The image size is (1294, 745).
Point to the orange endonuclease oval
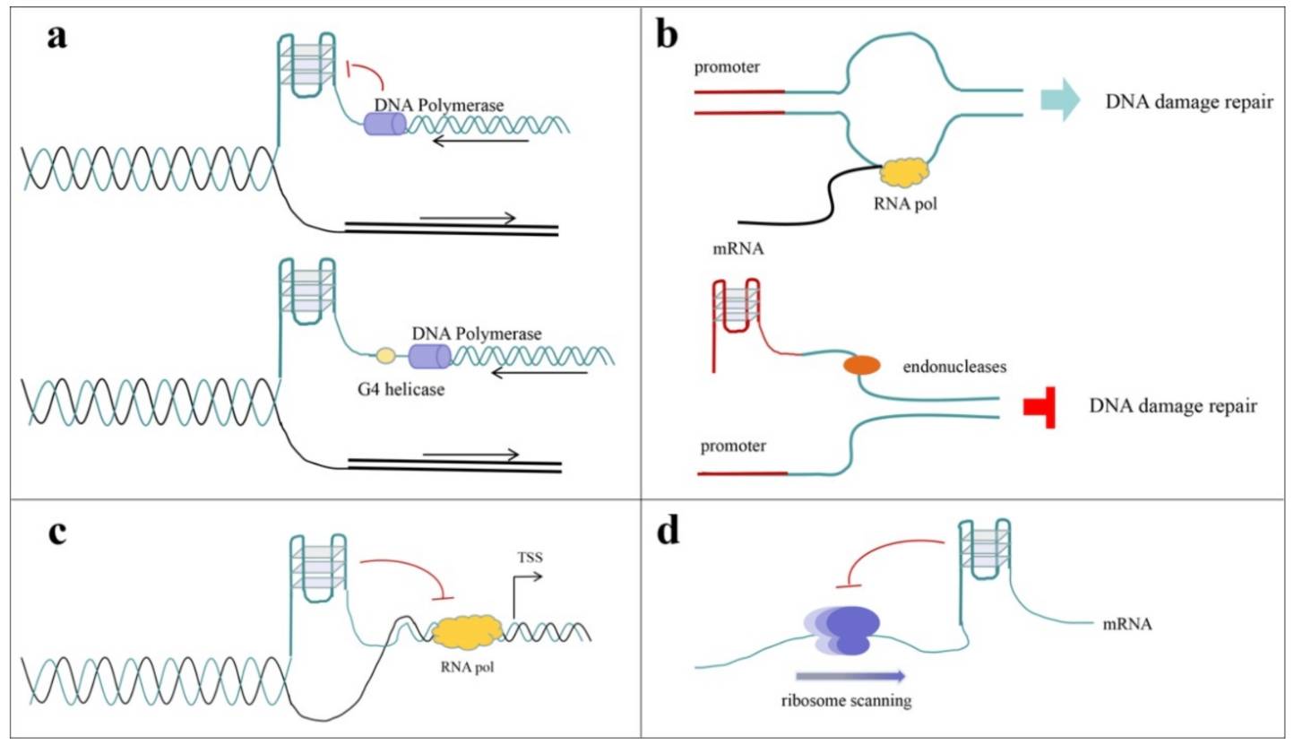click(x=860, y=365)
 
